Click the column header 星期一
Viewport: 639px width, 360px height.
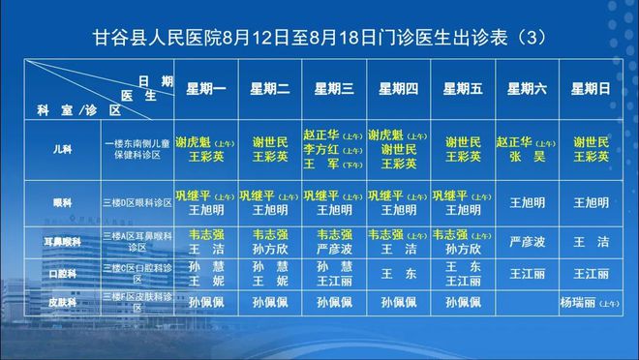(x=205, y=89)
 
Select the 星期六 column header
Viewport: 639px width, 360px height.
(x=527, y=89)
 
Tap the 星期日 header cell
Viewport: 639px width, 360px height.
(x=591, y=89)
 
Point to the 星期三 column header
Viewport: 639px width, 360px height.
(x=334, y=89)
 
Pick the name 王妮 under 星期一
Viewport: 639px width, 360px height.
(x=205, y=280)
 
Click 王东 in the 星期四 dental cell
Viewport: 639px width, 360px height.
(x=398, y=273)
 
